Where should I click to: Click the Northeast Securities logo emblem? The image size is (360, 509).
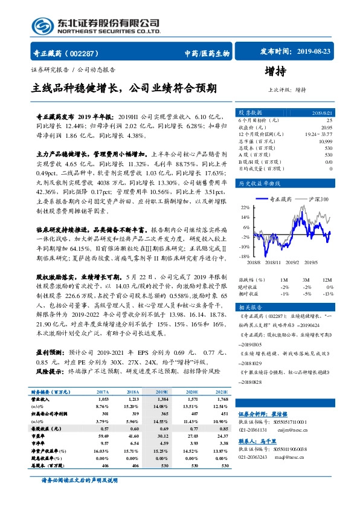click(x=42, y=25)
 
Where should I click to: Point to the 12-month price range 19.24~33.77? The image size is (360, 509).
click(x=319, y=134)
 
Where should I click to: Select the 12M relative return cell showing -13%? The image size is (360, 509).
click(x=328, y=293)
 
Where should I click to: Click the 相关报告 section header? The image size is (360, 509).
click(x=251, y=308)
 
